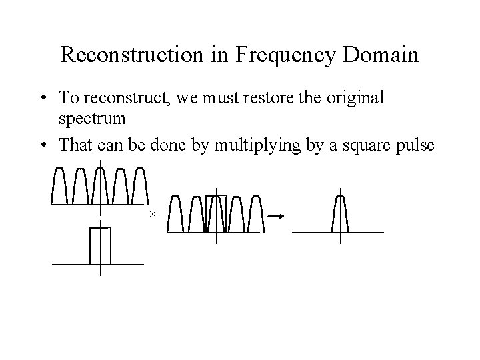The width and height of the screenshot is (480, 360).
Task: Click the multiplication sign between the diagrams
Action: pyautogui.click(x=152, y=214)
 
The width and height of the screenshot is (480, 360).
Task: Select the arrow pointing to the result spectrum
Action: pyautogui.click(x=276, y=215)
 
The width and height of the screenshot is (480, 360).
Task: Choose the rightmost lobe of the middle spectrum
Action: pyautogui.click(x=255, y=214)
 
